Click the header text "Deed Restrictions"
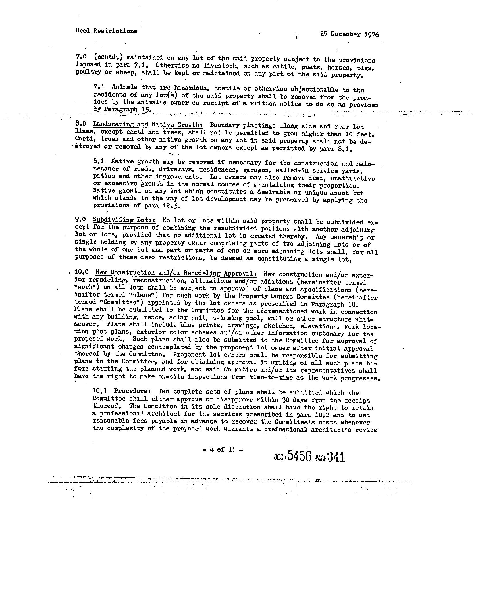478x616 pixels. [106, 31]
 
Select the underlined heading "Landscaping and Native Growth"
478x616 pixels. [147, 125]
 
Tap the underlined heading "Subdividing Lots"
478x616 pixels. [124, 220]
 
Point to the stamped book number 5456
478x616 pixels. [299, 456]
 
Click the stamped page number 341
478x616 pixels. [336, 457]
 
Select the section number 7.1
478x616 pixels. [99, 86]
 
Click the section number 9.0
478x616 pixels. [80, 220]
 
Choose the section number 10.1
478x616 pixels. [100, 390]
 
